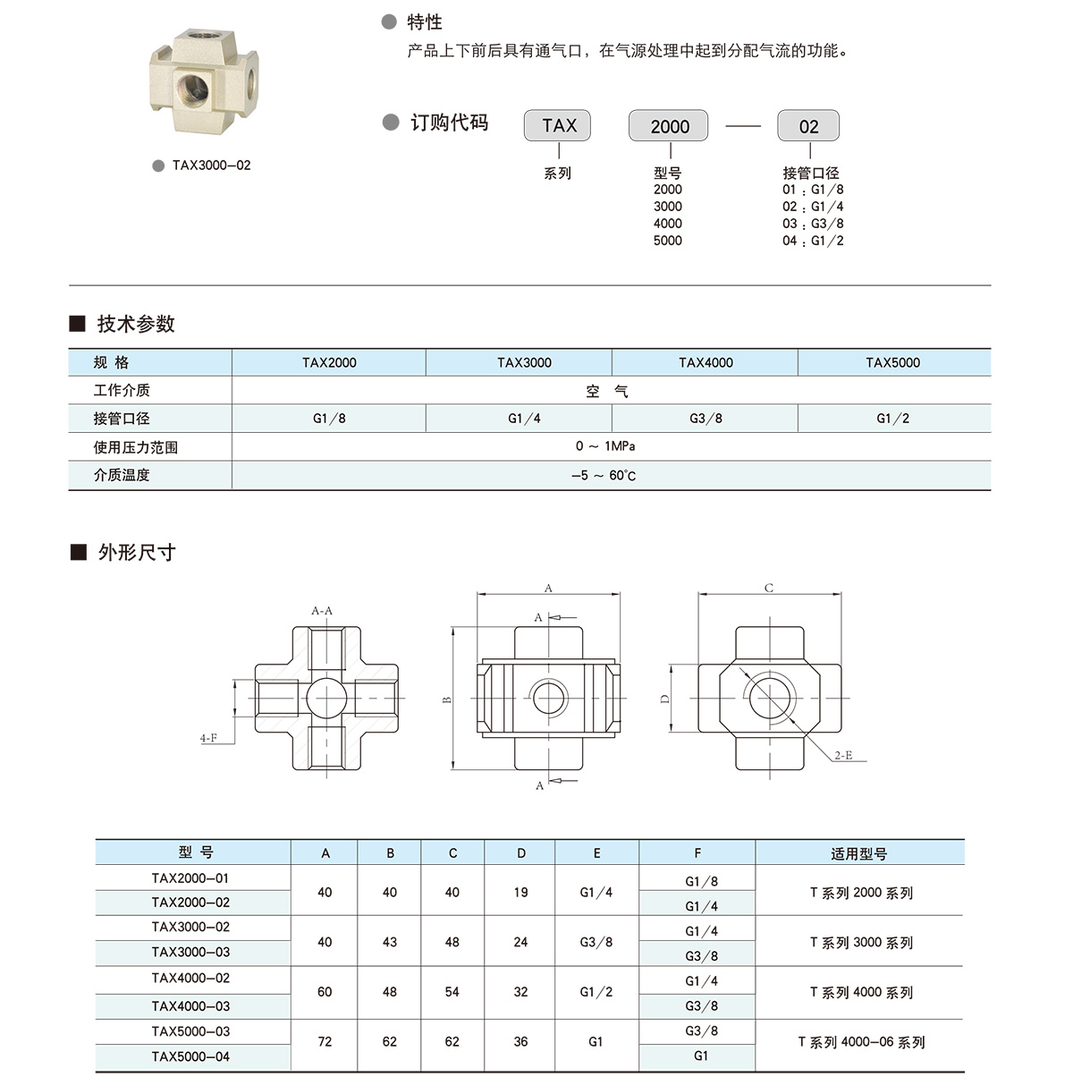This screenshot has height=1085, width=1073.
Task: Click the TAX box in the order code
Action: point(558,126)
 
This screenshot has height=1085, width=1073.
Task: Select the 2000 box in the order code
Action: point(669,126)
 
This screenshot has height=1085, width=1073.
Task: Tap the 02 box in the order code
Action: point(808,126)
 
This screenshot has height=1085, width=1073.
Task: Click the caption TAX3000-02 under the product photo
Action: point(211,165)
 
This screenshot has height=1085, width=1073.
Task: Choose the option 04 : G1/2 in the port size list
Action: point(813,241)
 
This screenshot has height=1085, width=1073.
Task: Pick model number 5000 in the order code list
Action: point(667,241)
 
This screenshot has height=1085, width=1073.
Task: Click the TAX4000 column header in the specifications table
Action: point(705,362)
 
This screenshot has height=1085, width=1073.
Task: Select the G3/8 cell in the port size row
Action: point(705,418)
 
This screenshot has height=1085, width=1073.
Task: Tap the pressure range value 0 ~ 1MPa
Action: point(605,445)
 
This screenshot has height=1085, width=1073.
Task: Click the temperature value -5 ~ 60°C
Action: point(604,475)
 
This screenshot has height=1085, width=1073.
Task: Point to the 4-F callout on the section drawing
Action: point(208,738)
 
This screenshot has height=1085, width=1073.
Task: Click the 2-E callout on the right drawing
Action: point(843,756)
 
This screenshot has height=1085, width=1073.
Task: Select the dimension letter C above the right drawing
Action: point(769,588)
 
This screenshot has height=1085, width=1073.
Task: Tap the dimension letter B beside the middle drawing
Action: point(448,699)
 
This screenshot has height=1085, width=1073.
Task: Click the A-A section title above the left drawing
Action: point(322,611)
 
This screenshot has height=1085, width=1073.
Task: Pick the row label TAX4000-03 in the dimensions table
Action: point(190,1006)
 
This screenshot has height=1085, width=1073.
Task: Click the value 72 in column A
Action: point(325,1041)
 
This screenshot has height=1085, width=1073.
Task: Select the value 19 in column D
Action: point(520,892)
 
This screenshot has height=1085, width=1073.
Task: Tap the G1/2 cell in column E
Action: point(596,991)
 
